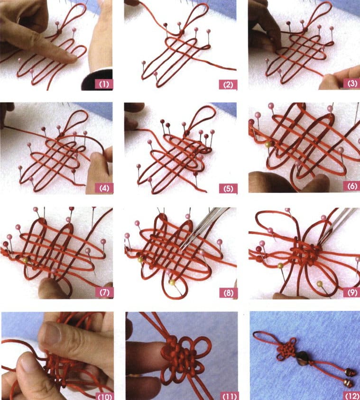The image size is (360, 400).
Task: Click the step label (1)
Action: [104, 85]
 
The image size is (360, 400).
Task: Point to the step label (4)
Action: [104, 188]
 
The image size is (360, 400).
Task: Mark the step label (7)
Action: [104, 291]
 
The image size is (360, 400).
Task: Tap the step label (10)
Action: [104, 395]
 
